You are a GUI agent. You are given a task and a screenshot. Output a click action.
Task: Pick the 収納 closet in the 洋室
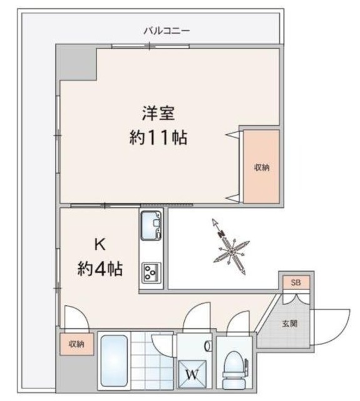pyautogui.click(x=261, y=167)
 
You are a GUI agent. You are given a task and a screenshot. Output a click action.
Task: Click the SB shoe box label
pyautogui.click(x=296, y=283)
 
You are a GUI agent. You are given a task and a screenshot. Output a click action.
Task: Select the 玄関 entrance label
pyautogui.click(x=289, y=324)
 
